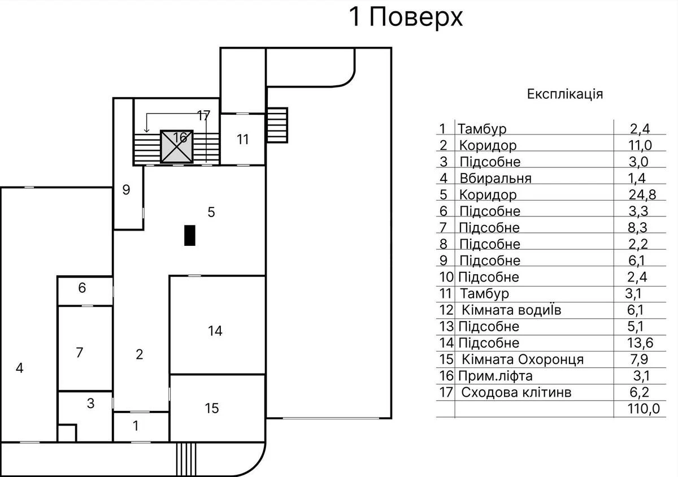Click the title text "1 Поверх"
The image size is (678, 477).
(x=406, y=18)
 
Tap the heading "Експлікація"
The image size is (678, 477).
(x=564, y=94)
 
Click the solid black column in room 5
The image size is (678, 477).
(x=190, y=235)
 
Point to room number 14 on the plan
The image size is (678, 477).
(x=215, y=331)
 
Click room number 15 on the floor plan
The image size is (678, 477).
(x=211, y=408)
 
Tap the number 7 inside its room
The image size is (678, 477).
(x=80, y=353)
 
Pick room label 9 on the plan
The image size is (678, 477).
(x=127, y=190)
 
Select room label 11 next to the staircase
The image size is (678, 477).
(x=242, y=139)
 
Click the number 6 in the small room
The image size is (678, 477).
(x=82, y=288)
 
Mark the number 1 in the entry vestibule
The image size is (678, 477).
(x=135, y=426)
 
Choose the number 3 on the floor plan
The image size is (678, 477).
(x=90, y=404)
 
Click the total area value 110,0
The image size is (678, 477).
(x=643, y=409)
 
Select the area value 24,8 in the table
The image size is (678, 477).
(x=641, y=195)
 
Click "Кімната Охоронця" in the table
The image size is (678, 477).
(x=522, y=359)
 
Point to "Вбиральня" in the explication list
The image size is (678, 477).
(x=495, y=179)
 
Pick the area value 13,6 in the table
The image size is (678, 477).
(x=641, y=343)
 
